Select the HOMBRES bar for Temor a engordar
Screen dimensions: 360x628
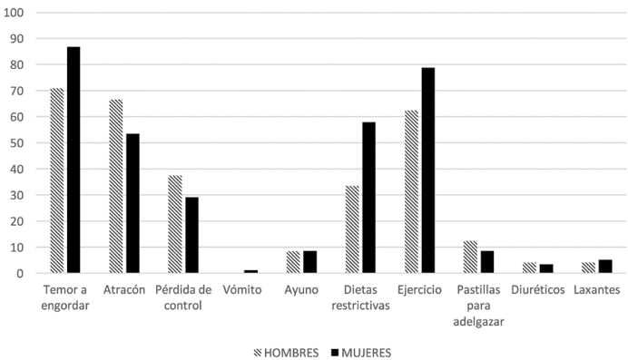57,180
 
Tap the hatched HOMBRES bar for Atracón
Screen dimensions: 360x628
116,186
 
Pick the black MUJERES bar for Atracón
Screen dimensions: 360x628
132,203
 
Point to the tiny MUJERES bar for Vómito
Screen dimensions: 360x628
250,271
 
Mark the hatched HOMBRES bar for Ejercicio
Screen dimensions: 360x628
411,191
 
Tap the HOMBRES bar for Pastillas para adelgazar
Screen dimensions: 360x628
470,257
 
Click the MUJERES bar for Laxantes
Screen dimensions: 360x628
604,266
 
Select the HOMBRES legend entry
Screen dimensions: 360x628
285,351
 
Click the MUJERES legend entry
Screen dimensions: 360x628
360,351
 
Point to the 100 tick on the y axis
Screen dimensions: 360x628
17,14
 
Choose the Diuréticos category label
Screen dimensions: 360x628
537,289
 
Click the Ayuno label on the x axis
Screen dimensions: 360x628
300,289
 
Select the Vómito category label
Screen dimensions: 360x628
242,289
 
